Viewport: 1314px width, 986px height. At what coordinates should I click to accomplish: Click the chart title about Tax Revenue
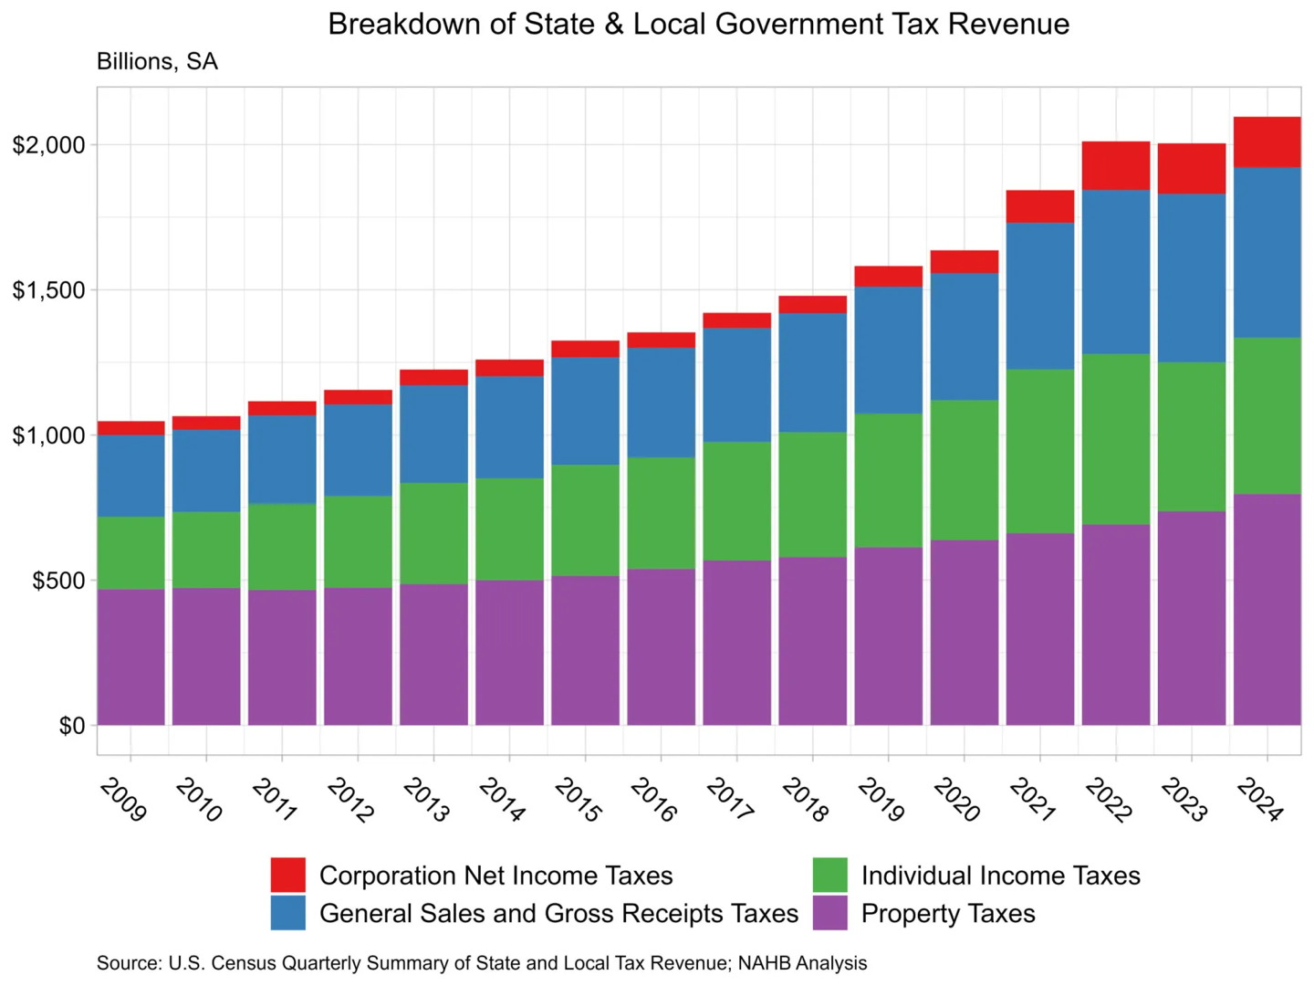click(698, 24)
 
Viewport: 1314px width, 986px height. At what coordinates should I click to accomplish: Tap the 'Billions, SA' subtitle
click(157, 62)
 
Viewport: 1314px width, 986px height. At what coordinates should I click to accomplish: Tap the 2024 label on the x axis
click(1260, 800)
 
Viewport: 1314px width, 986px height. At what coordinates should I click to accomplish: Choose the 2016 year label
click(653, 800)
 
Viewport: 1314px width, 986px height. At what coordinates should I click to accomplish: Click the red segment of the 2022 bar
click(1115, 165)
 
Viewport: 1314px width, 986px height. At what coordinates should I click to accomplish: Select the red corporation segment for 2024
click(1267, 142)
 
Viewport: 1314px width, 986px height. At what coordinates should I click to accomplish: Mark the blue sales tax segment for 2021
click(1039, 296)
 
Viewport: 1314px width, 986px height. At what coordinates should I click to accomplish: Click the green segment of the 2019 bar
click(888, 480)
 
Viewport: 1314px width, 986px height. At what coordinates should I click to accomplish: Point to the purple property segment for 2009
click(130, 657)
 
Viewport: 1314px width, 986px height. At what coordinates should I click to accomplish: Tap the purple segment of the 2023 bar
click(1191, 618)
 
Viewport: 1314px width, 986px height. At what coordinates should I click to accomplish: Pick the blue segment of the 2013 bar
click(433, 434)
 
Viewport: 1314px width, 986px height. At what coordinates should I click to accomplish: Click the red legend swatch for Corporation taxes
click(287, 875)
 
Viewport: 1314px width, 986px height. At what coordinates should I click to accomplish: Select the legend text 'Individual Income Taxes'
click(1000, 876)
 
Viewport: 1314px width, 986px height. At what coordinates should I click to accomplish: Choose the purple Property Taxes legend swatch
click(829, 913)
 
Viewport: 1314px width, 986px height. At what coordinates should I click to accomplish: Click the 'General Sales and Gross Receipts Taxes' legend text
click(558, 913)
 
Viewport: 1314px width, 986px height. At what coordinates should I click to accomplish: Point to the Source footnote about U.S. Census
click(482, 963)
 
